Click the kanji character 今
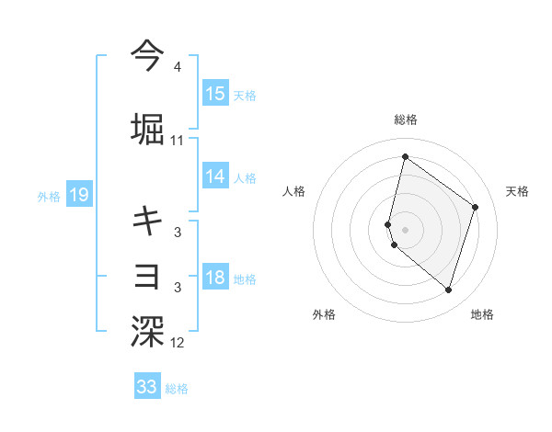point(147,55)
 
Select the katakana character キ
point(147,220)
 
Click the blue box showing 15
point(215,94)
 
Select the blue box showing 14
point(215,176)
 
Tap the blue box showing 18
point(215,279)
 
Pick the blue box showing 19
point(78,195)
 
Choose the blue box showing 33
point(147,387)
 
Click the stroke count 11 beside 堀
point(178,141)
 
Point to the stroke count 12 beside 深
point(178,344)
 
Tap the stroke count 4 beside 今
point(178,67)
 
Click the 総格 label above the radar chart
point(405,119)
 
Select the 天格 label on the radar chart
point(517,191)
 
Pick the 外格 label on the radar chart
point(324,314)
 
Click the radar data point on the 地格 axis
point(448,290)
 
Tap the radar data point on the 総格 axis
point(405,156)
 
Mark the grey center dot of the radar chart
point(405,229)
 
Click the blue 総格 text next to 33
point(177,389)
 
